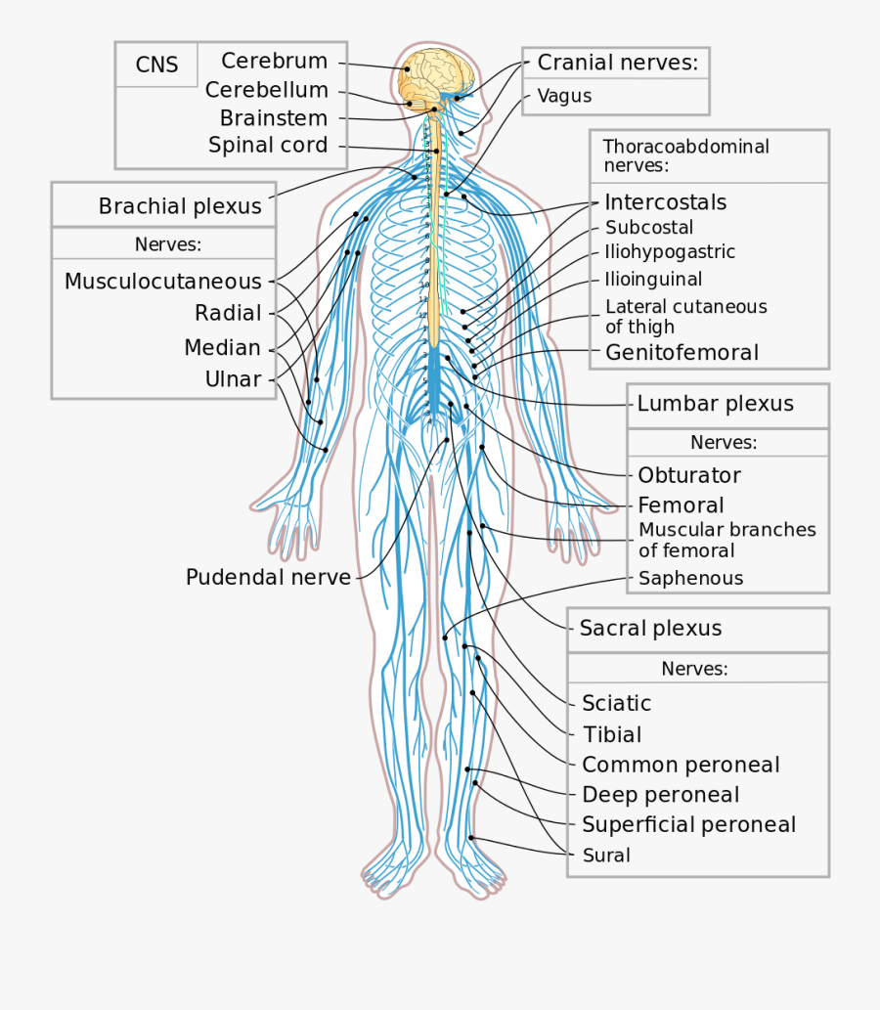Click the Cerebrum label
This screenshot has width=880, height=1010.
[274, 61]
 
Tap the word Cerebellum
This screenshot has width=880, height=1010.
[266, 90]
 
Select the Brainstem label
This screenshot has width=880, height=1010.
[273, 118]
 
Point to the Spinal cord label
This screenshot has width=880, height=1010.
[268, 146]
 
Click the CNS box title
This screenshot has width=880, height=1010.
[156, 66]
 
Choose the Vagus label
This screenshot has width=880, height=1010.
[564, 96]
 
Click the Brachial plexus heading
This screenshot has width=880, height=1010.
[180, 206]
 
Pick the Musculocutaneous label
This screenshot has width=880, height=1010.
[163, 282]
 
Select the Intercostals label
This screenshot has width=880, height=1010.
[665, 202]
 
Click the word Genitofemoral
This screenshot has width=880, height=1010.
[682, 352]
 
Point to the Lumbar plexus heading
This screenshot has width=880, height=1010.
[715, 404]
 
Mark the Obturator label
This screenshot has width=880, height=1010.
[688, 475]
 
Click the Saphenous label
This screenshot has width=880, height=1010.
[690, 578]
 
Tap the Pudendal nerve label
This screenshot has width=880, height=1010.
[268, 577]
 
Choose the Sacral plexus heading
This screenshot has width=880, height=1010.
[650, 629]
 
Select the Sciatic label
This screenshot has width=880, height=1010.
[616, 703]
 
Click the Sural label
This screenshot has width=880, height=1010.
[606, 856]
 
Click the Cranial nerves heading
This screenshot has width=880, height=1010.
[618, 64]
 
